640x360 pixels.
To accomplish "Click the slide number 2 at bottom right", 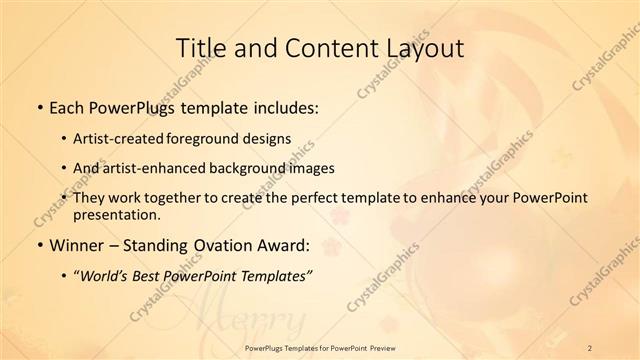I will click(591, 347).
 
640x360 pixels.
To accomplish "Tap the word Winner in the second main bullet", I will click(79, 246).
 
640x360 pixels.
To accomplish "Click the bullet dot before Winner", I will click(39, 246).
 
